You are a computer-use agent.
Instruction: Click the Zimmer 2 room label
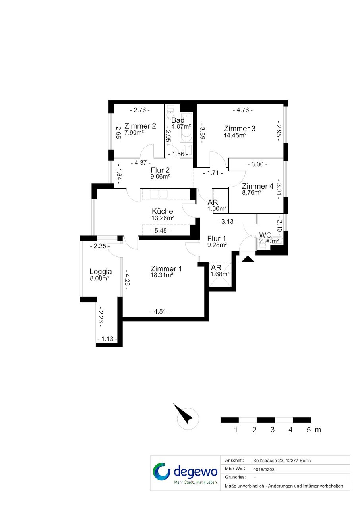pos(140,126)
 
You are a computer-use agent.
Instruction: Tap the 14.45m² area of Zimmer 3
pos(235,135)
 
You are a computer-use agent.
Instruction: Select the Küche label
pos(163,211)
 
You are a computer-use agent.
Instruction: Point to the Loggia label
pos(101,272)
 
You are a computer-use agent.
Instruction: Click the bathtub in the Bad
pos(186,127)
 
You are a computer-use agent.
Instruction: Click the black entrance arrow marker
pos(248,259)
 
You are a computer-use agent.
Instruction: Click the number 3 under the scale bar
pos(272,430)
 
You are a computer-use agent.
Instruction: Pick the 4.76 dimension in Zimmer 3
pos(243,110)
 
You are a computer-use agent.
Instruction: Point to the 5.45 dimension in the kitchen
pos(161,231)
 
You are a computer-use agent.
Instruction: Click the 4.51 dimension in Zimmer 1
pos(160,312)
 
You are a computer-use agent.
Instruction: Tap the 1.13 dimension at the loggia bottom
pos(107,339)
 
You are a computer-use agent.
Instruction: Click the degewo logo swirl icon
pos(161,472)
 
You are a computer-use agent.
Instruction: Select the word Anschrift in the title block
pos(234,461)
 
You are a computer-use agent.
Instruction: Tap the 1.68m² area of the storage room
pos(220,274)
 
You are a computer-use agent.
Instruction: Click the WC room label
pos(265,235)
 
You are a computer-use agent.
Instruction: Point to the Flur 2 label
pos(160,170)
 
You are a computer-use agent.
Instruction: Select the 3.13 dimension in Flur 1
pos(227,221)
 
